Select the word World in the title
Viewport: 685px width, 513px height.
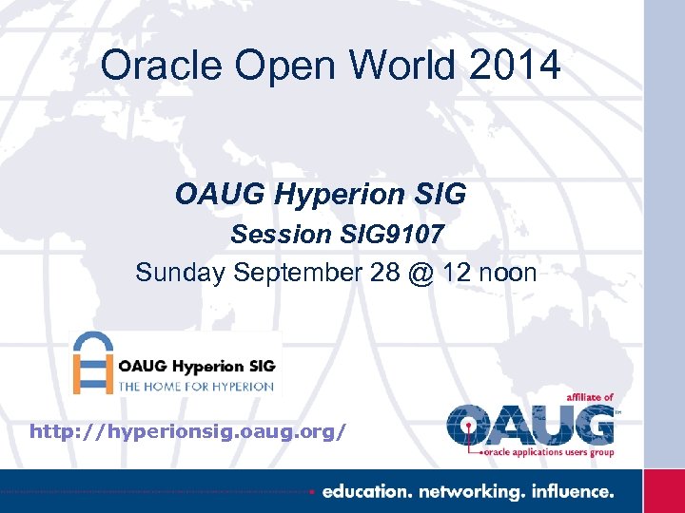392,66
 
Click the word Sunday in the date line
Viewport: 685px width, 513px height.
180,273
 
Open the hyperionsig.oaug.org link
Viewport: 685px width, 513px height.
188,431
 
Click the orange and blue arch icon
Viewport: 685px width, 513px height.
94,363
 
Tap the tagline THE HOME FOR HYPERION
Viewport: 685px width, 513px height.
196,386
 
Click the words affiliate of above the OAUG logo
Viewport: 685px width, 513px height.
589,397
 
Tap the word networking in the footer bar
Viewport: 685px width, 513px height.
469,492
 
